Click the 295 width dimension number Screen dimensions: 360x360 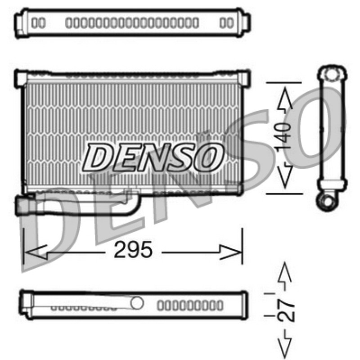pos(133,250)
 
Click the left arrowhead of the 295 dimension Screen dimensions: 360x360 pos(36,252)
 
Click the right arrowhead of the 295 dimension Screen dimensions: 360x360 pos(230,252)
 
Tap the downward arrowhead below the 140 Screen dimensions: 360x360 pos(285,175)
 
